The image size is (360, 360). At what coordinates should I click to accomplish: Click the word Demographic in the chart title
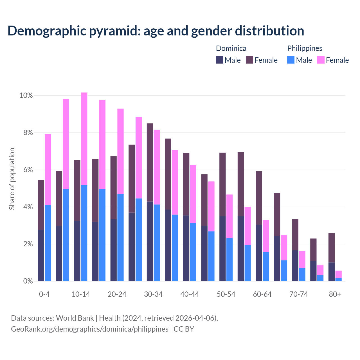(46, 31)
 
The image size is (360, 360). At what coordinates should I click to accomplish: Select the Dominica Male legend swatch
(220, 60)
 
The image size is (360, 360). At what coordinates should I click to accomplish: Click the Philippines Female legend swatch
(321, 60)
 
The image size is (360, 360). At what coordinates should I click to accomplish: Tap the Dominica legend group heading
(231, 48)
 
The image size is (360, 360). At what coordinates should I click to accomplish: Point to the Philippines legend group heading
(305, 48)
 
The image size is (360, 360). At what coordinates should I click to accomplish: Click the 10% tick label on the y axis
(26, 96)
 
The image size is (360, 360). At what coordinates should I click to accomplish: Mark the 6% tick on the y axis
(28, 170)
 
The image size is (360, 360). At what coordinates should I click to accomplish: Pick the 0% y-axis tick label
(28, 281)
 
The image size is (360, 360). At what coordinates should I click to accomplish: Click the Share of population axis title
(12, 179)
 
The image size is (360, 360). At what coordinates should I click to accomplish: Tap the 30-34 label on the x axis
(153, 294)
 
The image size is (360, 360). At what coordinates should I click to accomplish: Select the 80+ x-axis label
(335, 294)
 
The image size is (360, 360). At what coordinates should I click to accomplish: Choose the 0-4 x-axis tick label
(44, 294)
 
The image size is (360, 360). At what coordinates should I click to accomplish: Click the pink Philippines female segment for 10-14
(84, 139)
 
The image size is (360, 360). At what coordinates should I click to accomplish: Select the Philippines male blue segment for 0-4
(48, 243)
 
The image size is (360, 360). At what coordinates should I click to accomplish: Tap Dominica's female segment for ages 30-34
(150, 162)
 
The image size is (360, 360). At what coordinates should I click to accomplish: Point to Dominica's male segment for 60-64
(259, 253)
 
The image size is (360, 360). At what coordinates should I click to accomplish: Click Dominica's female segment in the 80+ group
(332, 248)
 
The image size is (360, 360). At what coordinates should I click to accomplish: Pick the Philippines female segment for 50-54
(229, 216)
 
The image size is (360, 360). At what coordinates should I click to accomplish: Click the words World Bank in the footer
(75, 318)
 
